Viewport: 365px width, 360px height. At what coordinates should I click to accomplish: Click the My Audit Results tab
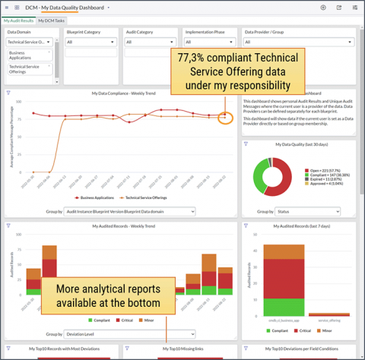point(19,21)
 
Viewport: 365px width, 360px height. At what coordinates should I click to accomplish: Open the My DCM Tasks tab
point(50,21)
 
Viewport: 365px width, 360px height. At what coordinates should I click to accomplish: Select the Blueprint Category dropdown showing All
point(90,43)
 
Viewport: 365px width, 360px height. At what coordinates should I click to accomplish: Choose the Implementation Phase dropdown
point(209,43)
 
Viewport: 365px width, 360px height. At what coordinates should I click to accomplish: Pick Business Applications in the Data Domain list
point(28,55)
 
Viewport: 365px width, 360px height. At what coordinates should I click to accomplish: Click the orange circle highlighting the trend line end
point(224,118)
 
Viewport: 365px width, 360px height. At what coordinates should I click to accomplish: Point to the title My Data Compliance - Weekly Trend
point(123,93)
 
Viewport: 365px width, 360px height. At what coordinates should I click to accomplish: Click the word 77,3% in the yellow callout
point(192,58)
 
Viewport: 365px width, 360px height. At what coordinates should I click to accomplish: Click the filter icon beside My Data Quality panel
point(246,144)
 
